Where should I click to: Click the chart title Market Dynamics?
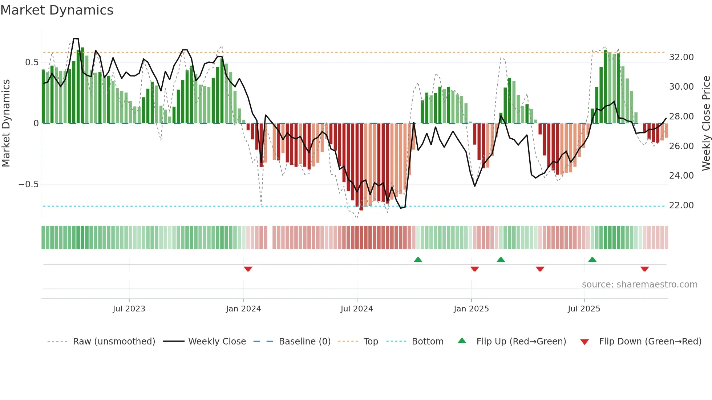[57, 10]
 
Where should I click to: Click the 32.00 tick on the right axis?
[681, 57]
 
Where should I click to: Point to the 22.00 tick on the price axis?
[681, 205]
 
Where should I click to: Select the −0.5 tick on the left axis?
[29, 184]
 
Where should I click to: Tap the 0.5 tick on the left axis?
[32, 62]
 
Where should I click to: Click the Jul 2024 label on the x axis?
[356, 309]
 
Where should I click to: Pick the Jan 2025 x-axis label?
[471, 309]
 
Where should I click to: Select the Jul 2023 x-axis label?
[129, 309]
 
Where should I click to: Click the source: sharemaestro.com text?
[639, 285]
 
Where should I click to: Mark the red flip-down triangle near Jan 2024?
[248, 269]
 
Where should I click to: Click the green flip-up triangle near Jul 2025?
[592, 260]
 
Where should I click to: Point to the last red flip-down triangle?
[644, 269]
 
